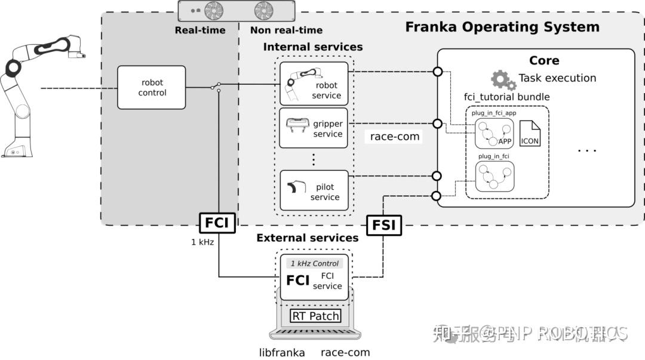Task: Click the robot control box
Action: click(x=151, y=88)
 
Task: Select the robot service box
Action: click(x=314, y=84)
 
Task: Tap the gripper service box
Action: click(x=314, y=128)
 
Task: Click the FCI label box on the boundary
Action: click(x=217, y=222)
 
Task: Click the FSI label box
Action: click(x=383, y=226)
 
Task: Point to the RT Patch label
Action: click(x=315, y=316)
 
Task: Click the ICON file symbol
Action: click(x=530, y=134)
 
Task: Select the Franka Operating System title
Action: click(x=502, y=27)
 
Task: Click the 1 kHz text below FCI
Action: click(x=202, y=242)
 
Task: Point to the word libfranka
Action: click(x=282, y=352)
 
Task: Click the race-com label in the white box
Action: click(x=395, y=137)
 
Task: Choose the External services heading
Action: click(x=307, y=238)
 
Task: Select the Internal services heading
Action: click(x=312, y=47)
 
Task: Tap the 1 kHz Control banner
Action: click(x=314, y=263)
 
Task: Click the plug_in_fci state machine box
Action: click(x=494, y=175)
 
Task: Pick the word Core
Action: click(x=544, y=60)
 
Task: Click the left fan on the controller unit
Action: click(x=214, y=11)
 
